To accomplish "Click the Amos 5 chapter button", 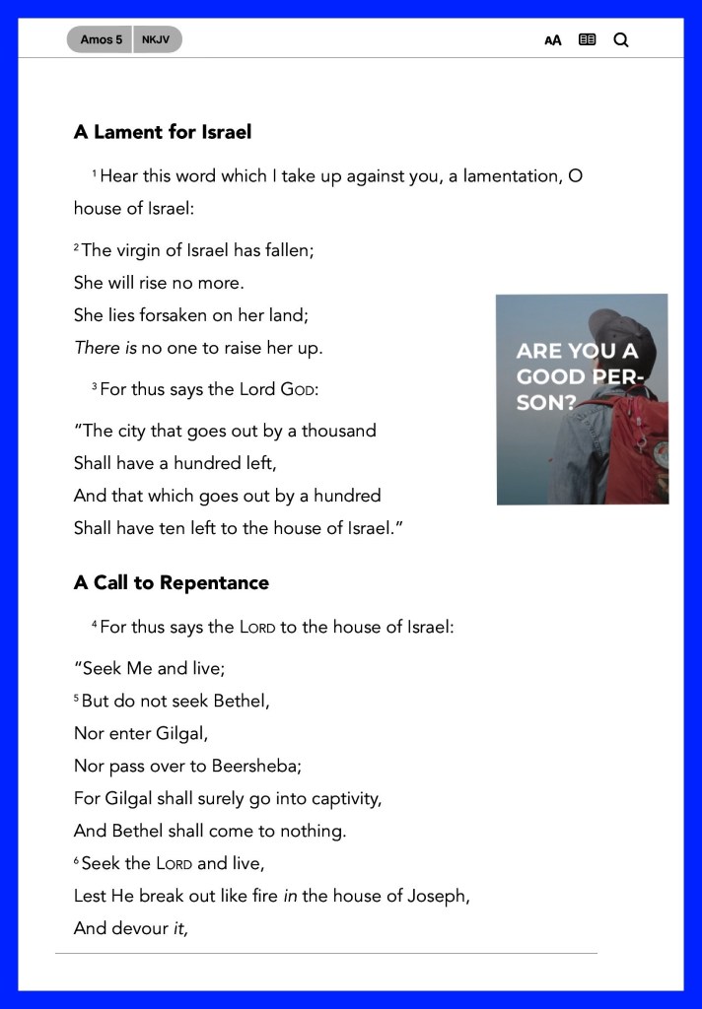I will [x=101, y=39].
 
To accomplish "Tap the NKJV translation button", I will [x=156, y=39].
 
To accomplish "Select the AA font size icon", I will [x=553, y=40].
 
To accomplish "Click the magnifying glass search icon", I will [x=621, y=40].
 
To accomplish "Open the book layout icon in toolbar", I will [x=588, y=40].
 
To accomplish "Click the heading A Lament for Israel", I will [x=163, y=132].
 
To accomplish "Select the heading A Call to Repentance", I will [x=172, y=582].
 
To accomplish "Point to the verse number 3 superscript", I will [x=95, y=387].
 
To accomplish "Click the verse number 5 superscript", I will [x=77, y=699].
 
